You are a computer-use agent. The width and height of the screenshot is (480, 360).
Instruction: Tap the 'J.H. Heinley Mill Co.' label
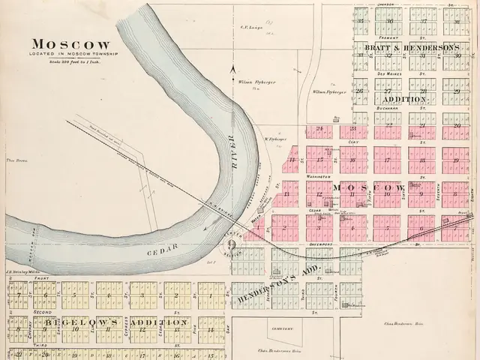tap(16, 272)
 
